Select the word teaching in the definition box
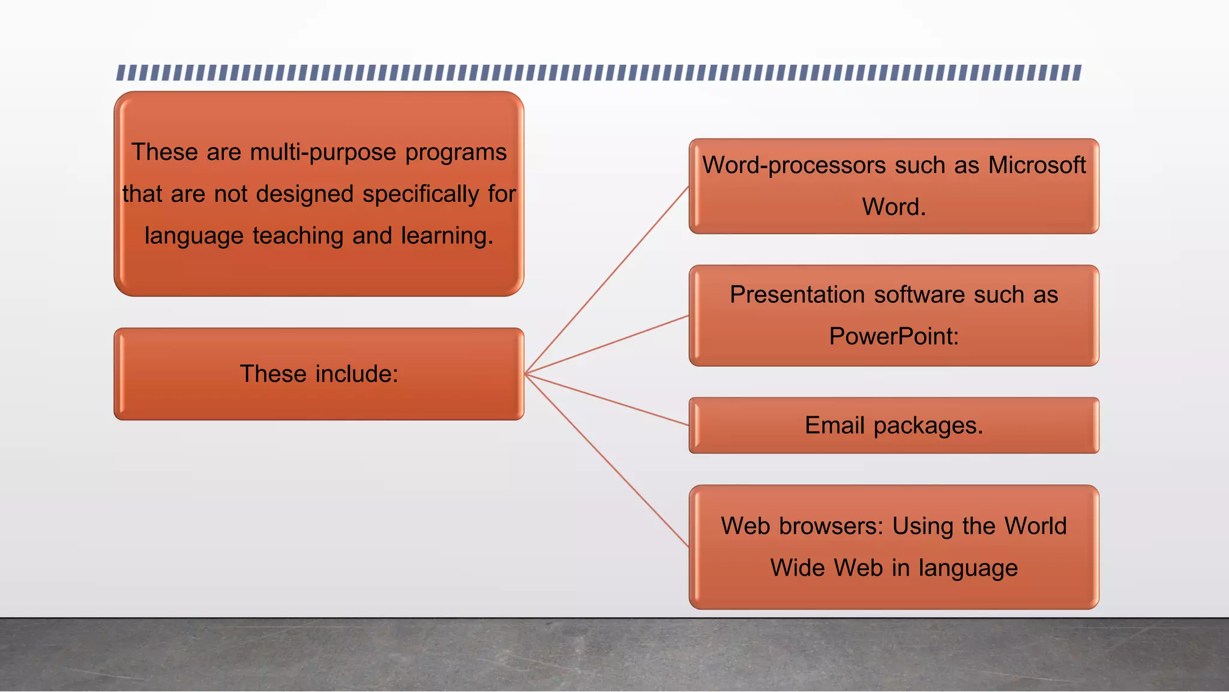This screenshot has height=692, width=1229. pyautogui.click(x=298, y=236)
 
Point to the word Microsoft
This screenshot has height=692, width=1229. pyautogui.click(x=1037, y=165)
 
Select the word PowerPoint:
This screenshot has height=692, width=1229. pyautogui.click(x=894, y=336)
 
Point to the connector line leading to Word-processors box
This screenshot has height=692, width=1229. pyautogui.click(x=607, y=281)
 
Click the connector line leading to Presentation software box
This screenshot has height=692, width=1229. pyautogui.click(x=607, y=345)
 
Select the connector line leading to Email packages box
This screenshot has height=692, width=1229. pyautogui.click(x=607, y=399)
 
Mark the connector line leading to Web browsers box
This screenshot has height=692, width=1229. pyautogui.click(x=607, y=460)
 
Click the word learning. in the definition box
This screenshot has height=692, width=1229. pyautogui.click(x=447, y=236)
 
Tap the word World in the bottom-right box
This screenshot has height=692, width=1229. pyautogui.click(x=1036, y=526)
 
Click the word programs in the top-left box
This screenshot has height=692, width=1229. pyautogui.click(x=455, y=153)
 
